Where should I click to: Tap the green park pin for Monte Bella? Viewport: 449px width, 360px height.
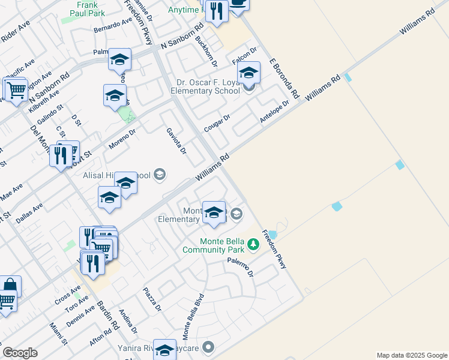pos(253,244)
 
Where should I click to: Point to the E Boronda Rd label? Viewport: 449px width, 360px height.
pos(283,78)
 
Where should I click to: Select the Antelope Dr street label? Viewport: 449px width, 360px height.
pos(274,112)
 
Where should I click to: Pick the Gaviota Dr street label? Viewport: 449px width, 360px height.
pos(176,140)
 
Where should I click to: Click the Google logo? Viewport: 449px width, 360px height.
pos(20,353)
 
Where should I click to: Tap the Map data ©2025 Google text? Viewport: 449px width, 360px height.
pos(412,355)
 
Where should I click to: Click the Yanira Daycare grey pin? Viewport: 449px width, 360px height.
pos(208,347)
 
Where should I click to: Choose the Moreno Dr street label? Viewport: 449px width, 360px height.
pos(122,139)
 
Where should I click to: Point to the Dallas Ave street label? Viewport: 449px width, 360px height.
pos(29,214)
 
